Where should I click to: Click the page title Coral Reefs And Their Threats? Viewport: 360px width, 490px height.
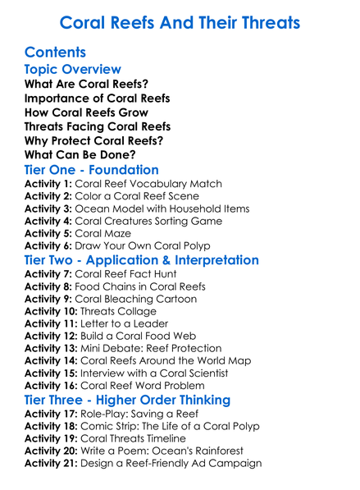[x=180, y=22]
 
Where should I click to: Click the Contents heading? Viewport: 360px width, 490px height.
[x=55, y=53]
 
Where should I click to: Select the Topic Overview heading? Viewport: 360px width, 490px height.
[x=73, y=70]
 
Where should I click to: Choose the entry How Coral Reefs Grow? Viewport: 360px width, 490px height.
[x=86, y=112]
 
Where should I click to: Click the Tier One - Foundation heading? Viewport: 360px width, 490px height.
[x=92, y=170]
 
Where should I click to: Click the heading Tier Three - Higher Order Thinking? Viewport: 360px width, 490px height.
[x=139, y=400]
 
